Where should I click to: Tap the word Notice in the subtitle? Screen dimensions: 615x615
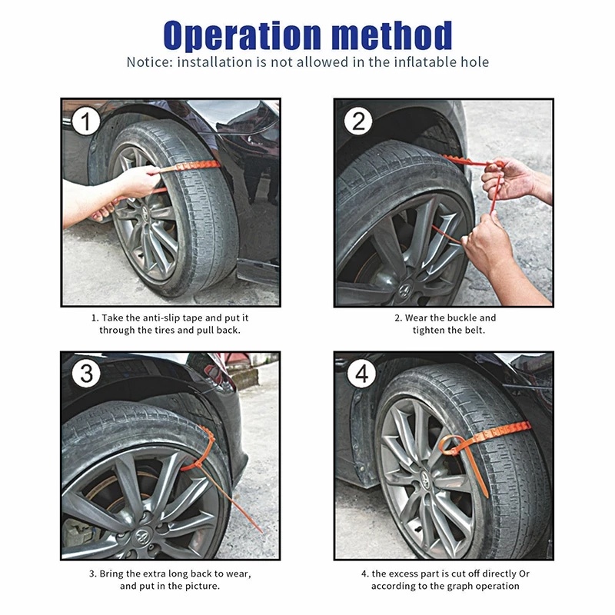click(149, 62)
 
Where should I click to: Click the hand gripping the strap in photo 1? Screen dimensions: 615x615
click(138, 182)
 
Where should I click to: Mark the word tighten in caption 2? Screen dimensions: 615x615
click(429, 330)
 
